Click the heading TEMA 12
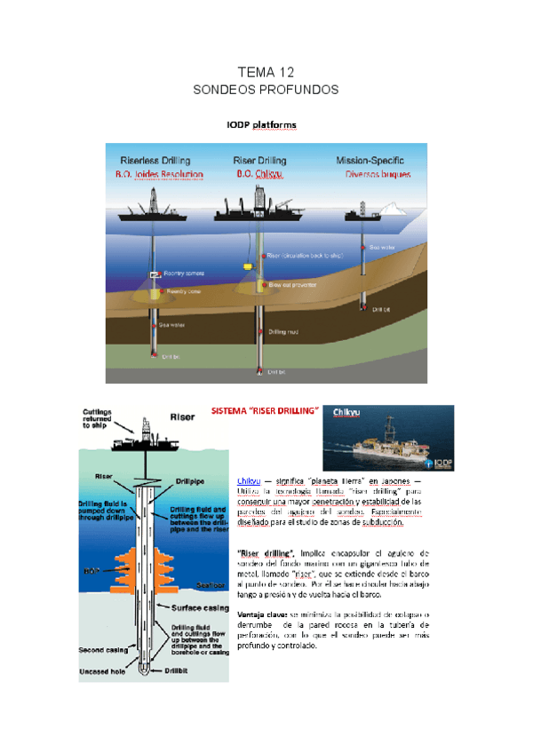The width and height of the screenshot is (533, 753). (x=266, y=72)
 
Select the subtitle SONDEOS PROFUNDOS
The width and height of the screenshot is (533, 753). (x=266, y=91)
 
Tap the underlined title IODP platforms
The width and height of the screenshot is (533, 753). (x=261, y=125)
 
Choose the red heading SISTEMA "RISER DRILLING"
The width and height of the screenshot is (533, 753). (x=265, y=412)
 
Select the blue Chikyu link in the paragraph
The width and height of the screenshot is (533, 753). (x=249, y=480)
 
